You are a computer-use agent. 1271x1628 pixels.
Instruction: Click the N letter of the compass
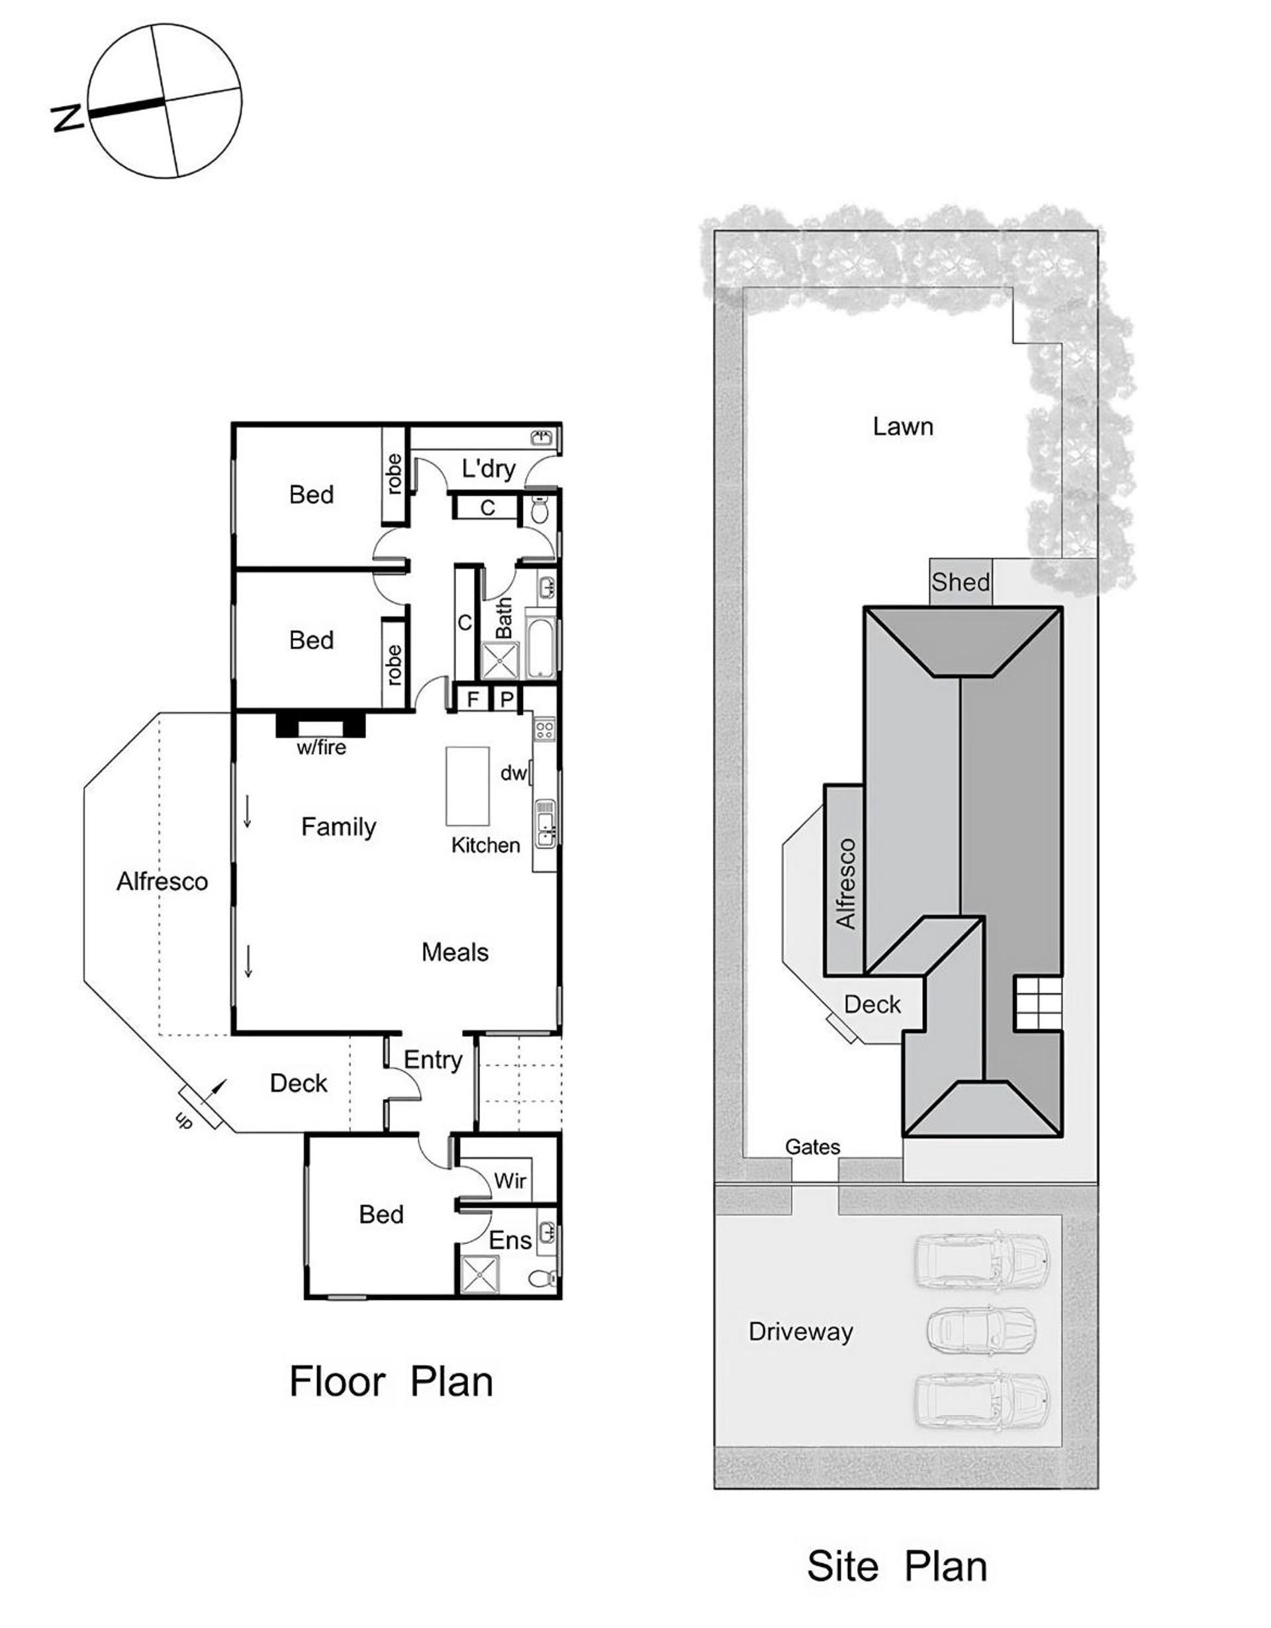(67, 118)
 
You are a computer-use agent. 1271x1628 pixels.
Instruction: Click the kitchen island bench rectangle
(467, 786)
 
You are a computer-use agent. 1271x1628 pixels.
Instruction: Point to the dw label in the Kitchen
(513, 773)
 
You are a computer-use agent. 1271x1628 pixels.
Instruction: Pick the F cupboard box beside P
(472, 699)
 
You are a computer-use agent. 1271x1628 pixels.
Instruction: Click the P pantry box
(506, 699)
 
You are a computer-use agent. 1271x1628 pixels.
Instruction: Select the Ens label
(510, 1241)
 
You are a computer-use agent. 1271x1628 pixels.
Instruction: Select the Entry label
(433, 1060)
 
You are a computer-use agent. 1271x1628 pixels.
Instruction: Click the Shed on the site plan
(961, 582)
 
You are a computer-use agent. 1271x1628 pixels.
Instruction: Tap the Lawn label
(903, 426)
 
